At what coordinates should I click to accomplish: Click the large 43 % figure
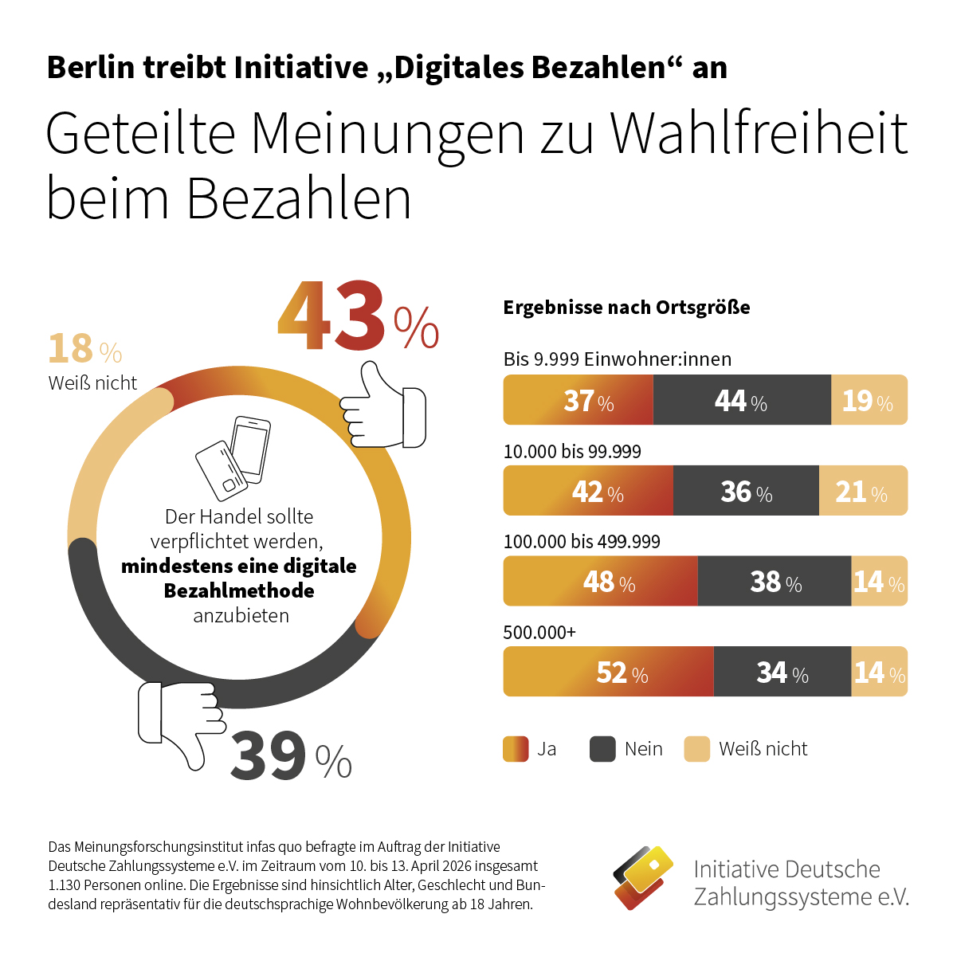pos(357,317)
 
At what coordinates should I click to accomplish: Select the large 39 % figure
pos(290,757)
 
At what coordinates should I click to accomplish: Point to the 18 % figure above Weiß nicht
pos(84,349)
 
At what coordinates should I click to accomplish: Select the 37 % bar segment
pos(578,400)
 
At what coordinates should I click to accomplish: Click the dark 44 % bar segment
pos(741,400)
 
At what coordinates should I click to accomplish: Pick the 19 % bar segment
pos(869,400)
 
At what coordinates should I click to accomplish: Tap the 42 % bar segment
pos(588,491)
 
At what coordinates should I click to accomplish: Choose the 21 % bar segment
pos(863,491)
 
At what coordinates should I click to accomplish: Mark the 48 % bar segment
pos(600,581)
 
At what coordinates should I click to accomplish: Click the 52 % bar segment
pos(608,672)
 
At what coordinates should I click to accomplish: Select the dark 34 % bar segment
pos(782,672)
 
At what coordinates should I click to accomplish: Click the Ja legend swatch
pos(516,749)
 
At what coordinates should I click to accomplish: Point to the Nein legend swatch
pos(602,749)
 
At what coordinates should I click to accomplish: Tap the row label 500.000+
pos(539,633)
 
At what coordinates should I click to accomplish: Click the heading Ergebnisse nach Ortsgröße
pos(626,308)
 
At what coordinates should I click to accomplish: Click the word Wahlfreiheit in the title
pos(759,134)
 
